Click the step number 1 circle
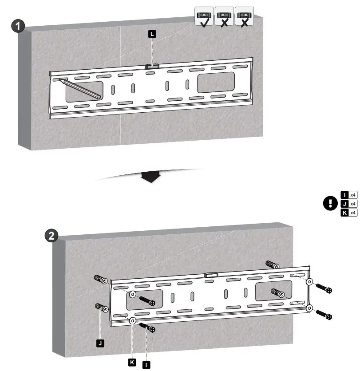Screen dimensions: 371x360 18,26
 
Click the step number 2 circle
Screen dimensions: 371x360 52,236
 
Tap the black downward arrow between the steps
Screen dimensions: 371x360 150,177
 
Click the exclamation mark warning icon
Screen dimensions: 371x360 330,204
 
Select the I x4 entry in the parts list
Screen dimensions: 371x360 349,194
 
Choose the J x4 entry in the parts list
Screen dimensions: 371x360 349,204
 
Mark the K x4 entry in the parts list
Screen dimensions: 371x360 349,213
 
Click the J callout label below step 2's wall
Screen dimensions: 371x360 101,343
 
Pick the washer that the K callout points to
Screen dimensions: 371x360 133,321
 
